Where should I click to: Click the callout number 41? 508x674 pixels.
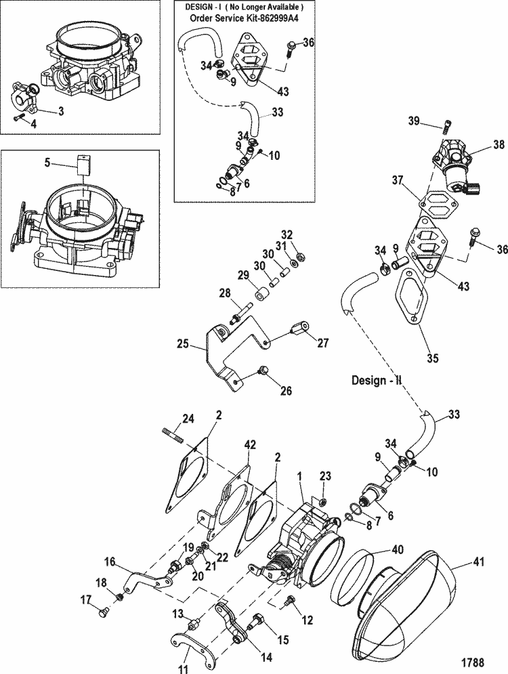478,562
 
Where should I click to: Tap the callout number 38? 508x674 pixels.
499,145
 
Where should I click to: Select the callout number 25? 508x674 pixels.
183,344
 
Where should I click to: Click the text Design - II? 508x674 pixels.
377,380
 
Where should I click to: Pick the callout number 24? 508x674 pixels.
188,418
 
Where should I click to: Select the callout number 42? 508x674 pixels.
250,444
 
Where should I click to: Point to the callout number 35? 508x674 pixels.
433,358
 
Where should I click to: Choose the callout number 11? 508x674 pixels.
182,669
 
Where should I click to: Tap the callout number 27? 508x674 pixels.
323,343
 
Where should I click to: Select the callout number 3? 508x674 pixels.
61,111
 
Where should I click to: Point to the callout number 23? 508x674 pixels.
325,476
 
